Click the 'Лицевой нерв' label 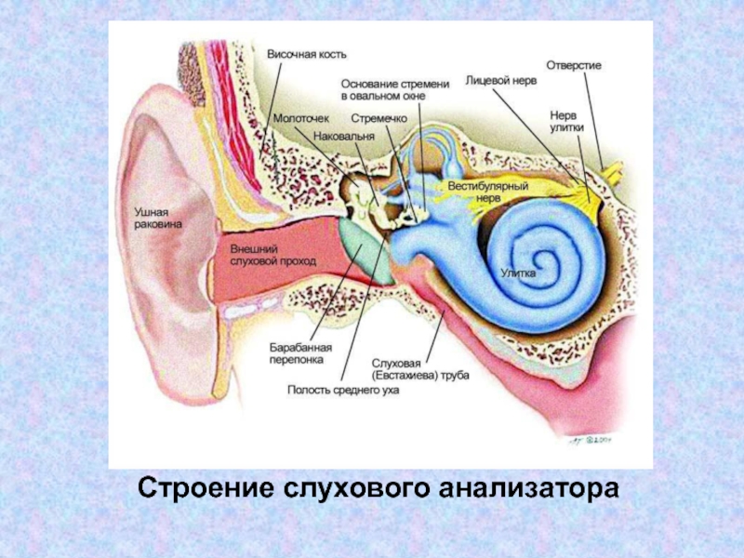click(500, 82)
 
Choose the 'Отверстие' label click(574, 66)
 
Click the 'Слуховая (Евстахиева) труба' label click(420, 368)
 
